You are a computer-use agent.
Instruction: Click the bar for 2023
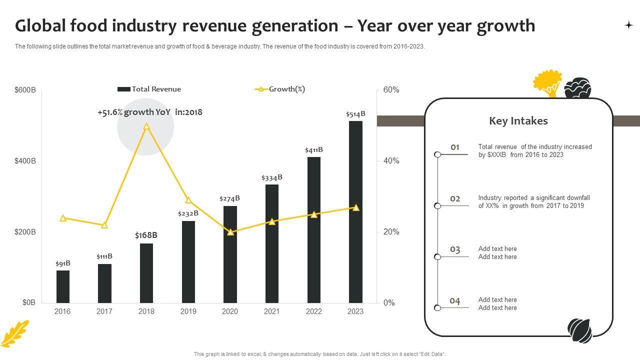point(355,212)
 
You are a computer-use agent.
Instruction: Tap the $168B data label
point(146,235)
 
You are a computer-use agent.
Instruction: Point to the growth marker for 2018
point(146,126)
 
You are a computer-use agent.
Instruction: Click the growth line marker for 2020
point(230,232)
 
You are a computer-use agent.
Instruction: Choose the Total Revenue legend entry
point(149,89)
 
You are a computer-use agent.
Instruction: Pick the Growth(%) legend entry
point(280,89)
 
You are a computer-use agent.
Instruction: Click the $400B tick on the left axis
point(25,161)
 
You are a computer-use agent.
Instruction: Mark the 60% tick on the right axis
point(391,90)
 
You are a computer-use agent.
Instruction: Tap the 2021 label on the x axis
point(271,311)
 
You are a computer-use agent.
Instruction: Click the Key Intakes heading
point(518,121)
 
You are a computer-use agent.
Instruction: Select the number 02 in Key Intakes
point(455,198)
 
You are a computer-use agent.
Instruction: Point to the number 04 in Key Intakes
point(454,301)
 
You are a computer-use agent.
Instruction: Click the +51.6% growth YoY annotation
point(150,112)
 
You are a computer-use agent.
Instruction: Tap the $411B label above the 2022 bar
point(313,150)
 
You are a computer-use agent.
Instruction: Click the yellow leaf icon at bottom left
point(15,333)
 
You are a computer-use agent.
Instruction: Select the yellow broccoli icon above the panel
point(547,82)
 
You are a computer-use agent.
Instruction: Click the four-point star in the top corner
point(628,25)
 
